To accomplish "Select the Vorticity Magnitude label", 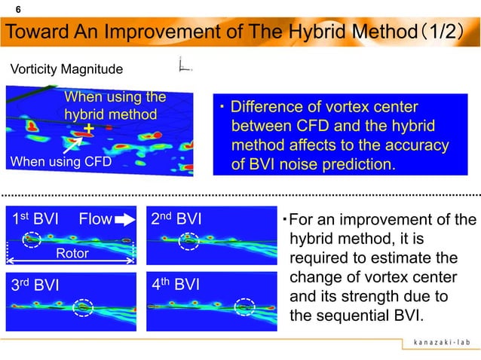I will pyautogui.click(x=66, y=70).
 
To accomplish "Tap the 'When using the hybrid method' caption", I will pyautogui.click(x=113, y=105).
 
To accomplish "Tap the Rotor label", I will pyautogui.click(x=72, y=254).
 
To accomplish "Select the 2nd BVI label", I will pyautogui.click(x=177, y=219).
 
